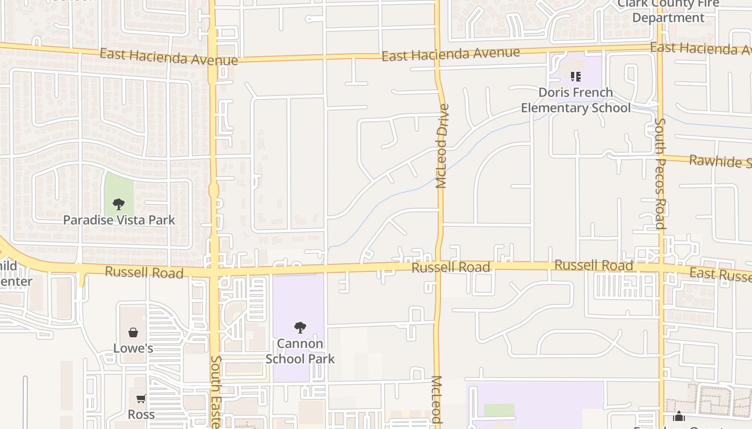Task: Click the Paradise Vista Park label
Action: [119, 220]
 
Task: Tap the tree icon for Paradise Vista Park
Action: [119, 204]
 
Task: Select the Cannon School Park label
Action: [300, 351]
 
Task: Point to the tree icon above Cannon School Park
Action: [300, 327]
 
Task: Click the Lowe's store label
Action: [133, 349]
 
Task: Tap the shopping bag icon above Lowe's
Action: [133, 333]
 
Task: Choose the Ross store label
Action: [141, 415]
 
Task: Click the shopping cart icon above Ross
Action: [141, 398]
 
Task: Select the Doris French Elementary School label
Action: [576, 100]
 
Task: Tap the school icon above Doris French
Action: [576, 77]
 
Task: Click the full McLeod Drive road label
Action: [442, 146]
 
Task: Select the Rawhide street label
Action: [720, 161]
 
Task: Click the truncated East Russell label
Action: [720, 275]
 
